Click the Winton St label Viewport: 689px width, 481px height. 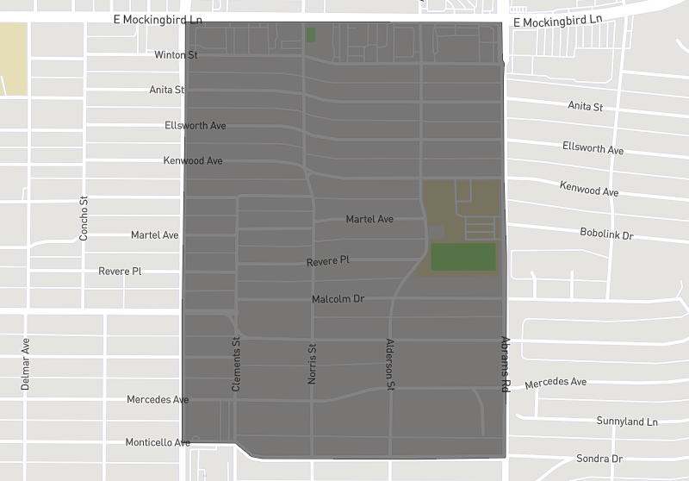[x=176, y=55]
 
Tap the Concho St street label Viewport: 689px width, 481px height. [x=84, y=217]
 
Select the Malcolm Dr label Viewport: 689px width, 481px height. [x=338, y=299]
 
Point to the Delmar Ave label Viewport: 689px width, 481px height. [x=26, y=365]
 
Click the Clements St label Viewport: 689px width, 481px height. [x=236, y=365]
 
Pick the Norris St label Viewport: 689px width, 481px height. [x=313, y=362]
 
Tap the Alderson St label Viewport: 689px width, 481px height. [x=389, y=365]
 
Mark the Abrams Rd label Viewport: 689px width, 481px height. [x=506, y=364]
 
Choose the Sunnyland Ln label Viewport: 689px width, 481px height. [x=627, y=422]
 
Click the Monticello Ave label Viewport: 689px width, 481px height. [x=158, y=442]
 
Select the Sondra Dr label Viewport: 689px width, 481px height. [x=599, y=459]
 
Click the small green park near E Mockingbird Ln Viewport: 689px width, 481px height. [x=311, y=34]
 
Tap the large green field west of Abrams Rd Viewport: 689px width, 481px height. [x=463, y=257]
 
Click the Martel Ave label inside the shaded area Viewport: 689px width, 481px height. [x=369, y=219]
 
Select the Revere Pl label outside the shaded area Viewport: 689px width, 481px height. [x=120, y=272]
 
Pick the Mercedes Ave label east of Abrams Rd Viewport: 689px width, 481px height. [x=556, y=383]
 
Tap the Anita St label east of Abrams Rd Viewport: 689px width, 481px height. [x=585, y=106]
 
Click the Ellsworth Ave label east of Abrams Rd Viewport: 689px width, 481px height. [x=593, y=148]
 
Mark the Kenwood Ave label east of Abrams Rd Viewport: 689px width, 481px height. [x=589, y=188]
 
